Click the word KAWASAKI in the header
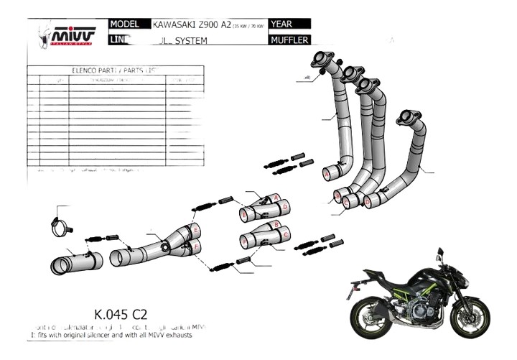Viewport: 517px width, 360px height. [x=177, y=24]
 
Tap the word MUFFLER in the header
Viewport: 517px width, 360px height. [x=290, y=40]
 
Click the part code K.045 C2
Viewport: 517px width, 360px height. [x=121, y=314]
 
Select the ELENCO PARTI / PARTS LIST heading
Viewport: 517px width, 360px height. [x=114, y=71]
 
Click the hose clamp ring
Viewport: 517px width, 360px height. [x=62, y=225]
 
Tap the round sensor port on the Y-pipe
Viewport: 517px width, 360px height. [x=165, y=247]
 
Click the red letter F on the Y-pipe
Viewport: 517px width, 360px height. [x=195, y=249]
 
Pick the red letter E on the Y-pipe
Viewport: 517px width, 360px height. [x=195, y=230]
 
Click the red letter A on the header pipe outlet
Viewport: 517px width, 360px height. [x=327, y=175]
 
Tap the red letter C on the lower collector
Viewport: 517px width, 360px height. [x=286, y=234]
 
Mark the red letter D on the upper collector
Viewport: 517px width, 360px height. [x=285, y=207]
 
